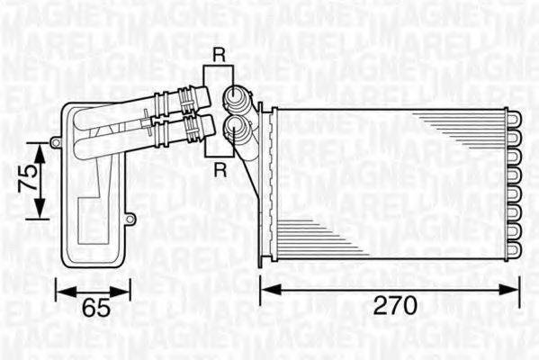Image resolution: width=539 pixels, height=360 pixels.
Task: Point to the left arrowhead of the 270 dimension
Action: pyautogui.click(x=266, y=288)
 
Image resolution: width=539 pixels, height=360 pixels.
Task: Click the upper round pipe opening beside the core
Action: pyautogui.click(x=235, y=95)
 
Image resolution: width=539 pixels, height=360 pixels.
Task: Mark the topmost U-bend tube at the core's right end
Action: pyautogui.click(x=513, y=114)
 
